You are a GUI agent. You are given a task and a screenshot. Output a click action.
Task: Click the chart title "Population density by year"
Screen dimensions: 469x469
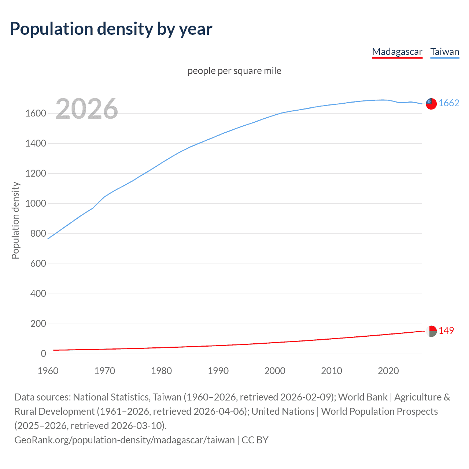(111, 29)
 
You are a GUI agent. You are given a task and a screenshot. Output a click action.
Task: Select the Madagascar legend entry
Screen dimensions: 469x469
(397, 52)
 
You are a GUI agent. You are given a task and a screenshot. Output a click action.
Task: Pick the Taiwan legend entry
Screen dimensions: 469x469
(445, 52)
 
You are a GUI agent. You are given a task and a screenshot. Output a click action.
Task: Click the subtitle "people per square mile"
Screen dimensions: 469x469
(234, 71)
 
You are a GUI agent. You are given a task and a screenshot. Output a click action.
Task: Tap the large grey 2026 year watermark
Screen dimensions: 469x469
(87, 109)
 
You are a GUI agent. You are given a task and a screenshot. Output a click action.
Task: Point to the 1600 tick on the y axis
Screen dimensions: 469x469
(36, 114)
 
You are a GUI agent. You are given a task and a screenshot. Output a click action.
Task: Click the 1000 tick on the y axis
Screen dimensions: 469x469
(36, 204)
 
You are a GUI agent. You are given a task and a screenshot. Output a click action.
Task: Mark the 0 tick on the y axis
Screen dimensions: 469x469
(43, 354)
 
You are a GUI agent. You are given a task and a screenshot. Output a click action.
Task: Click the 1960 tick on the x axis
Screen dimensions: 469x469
(48, 371)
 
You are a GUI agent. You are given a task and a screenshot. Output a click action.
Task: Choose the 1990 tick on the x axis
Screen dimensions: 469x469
(218, 371)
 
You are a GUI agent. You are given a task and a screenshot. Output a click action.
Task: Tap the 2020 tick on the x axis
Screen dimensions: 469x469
(388, 371)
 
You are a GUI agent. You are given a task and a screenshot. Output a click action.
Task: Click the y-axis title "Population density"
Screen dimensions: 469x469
(15, 220)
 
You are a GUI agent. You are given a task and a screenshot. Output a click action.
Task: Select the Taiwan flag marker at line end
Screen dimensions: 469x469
(431, 104)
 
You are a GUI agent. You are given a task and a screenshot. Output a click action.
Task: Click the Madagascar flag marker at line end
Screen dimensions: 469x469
(431, 331)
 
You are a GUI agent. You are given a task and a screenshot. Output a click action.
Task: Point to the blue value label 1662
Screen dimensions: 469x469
(449, 103)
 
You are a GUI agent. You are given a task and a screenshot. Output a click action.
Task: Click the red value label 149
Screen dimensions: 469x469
(446, 331)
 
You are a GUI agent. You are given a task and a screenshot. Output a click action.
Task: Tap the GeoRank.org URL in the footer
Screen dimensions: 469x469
(124, 440)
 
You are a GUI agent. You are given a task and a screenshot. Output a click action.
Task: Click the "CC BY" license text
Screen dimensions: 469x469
(255, 440)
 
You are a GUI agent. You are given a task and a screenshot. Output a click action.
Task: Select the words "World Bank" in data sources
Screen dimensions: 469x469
(363, 397)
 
